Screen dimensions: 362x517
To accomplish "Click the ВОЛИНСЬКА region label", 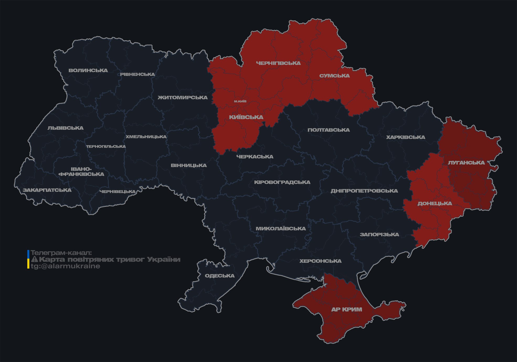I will [x=88, y=70].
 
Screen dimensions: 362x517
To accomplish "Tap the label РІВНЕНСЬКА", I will [x=137, y=74].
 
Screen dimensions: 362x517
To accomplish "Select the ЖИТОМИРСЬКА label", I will [x=183, y=98].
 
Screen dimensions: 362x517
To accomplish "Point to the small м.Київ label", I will [x=240, y=101].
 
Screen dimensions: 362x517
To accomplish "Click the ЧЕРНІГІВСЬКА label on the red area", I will [x=278, y=63].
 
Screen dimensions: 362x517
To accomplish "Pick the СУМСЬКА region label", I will [x=334, y=76].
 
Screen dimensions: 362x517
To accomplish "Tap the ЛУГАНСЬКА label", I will [x=466, y=163].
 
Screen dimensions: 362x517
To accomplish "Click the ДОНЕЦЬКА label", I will [x=435, y=203].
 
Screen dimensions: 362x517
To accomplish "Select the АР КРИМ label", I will [x=347, y=309].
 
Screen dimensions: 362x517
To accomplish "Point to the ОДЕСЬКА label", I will [x=220, y=276].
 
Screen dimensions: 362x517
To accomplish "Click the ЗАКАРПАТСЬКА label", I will [x=47, y=190].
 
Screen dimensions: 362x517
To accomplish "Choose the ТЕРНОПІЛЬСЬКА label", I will [x=106, y=147].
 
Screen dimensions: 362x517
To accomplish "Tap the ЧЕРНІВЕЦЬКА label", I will [x=118, y=192].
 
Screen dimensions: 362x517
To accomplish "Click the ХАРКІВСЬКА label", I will [x=406, y=137].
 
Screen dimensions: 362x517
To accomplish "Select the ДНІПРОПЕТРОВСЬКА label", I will [x=364, y=191].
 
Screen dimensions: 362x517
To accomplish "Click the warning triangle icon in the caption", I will [x=34, y=259].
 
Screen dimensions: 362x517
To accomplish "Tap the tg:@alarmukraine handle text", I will [x=65, y=266].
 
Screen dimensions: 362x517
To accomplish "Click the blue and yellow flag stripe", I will [x=28, y=259].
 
